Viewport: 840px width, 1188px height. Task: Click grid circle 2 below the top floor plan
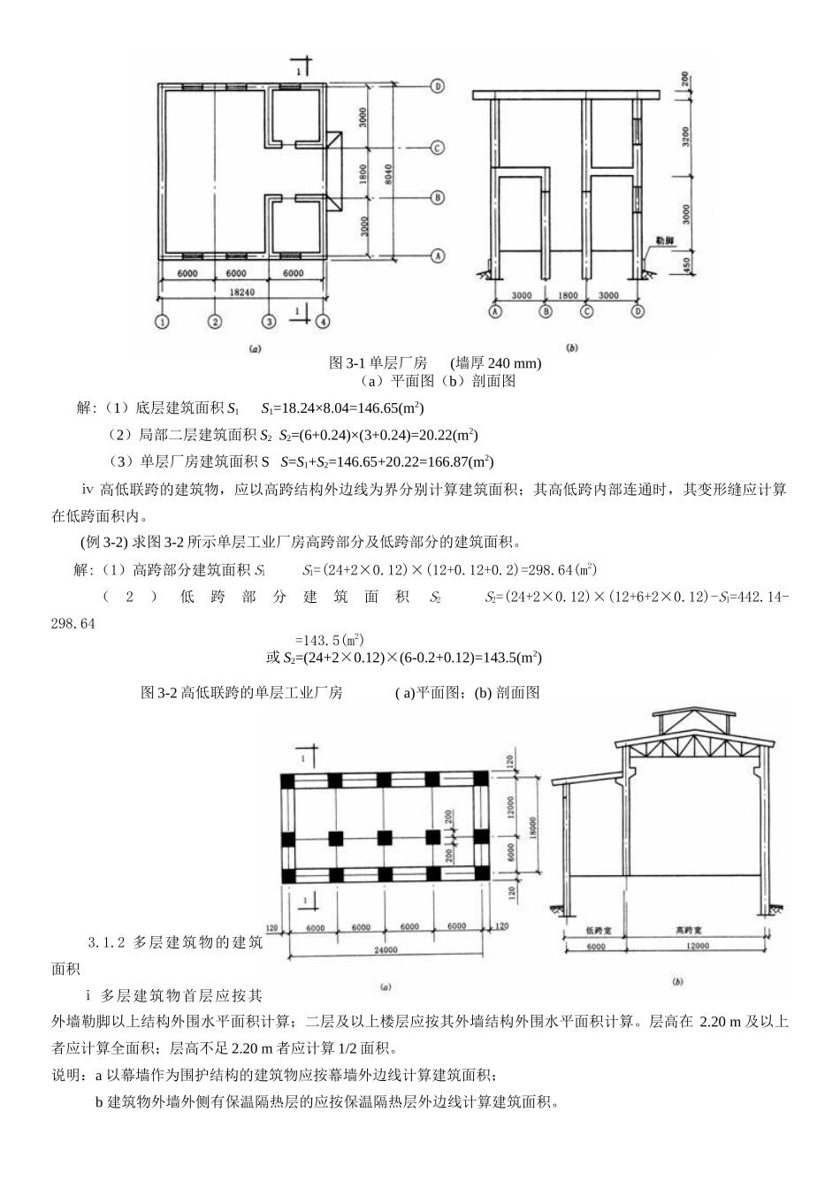(x=215, y=323)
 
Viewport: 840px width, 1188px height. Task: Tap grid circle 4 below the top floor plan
(x=324, y=323)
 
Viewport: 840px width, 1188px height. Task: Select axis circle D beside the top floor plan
(x=437, y=86)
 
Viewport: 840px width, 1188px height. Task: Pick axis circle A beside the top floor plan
(x=437, y=255)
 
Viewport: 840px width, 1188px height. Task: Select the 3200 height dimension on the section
(x=685, y=135)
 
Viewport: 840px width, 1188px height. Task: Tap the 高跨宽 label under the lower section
(x=699, y=931)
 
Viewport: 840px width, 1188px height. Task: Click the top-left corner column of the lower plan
(x=289, y=780)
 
